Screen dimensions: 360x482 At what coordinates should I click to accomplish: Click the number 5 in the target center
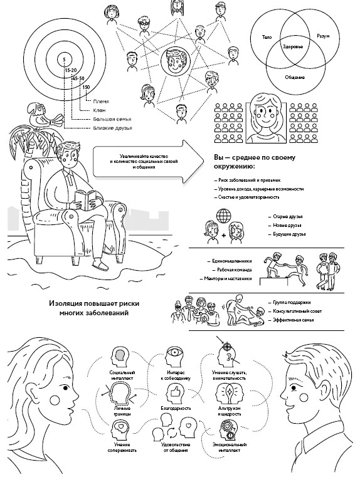(64, 60)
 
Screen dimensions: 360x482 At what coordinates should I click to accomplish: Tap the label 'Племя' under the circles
(101, 102)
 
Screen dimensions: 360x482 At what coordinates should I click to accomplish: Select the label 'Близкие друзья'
(113, 128)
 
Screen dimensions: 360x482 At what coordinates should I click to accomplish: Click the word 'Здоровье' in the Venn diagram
(293, 47)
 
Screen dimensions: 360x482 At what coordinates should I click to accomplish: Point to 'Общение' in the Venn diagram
(295, 77)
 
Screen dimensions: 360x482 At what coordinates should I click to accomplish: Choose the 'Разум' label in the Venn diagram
(323, 36)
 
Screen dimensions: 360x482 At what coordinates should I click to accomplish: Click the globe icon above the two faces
(223, 216)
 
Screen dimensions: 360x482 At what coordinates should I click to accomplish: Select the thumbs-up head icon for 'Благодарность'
(176, 394)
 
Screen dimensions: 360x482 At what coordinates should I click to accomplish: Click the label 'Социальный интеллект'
(122, 375)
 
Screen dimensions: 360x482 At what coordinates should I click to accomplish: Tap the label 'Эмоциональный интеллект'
(229, 448)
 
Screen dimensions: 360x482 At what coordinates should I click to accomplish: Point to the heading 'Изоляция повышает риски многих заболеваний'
(94, 308)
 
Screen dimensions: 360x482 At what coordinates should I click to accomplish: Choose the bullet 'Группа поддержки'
(290, 303)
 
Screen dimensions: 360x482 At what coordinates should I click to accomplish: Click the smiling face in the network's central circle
(175, 61)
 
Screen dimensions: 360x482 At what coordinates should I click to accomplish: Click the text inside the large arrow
(144, 162)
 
